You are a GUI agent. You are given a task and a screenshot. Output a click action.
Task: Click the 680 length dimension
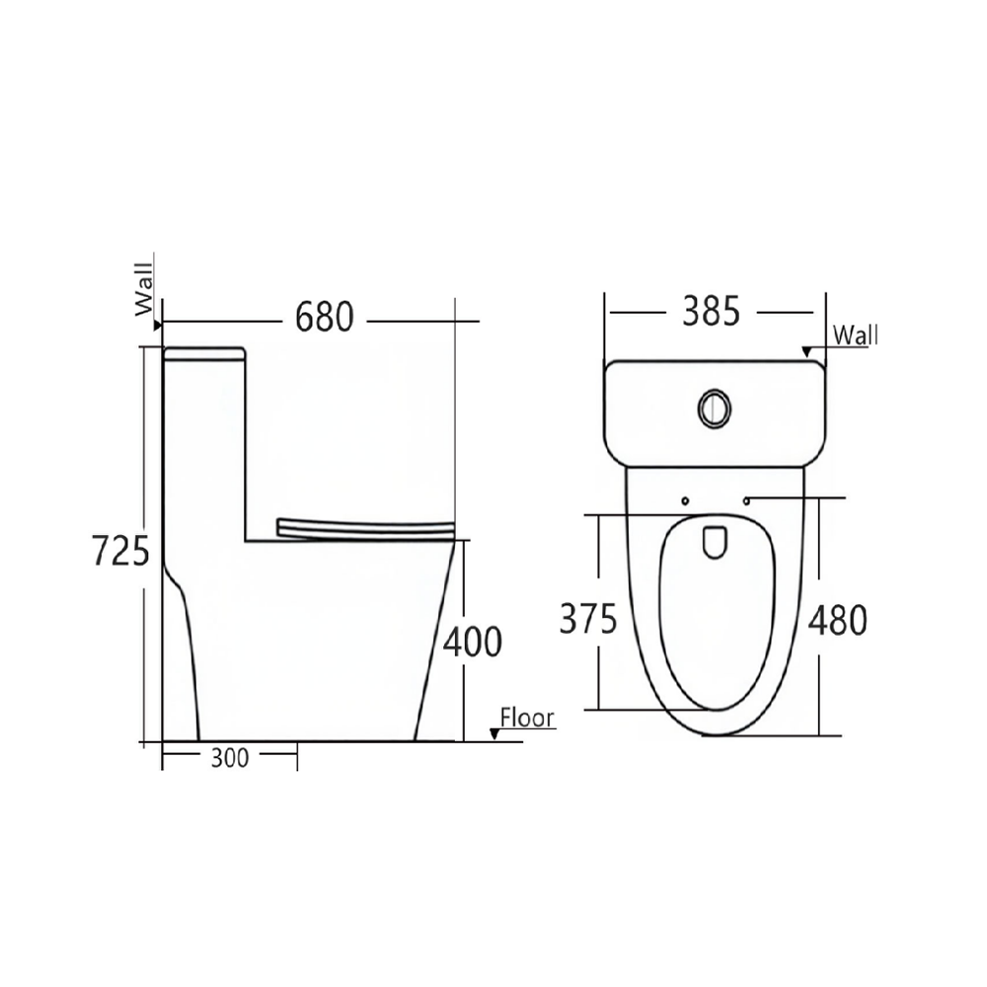click(324, 317)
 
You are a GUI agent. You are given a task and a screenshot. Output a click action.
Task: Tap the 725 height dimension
click(120, 550)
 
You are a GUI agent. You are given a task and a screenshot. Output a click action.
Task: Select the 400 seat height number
click(473, 643)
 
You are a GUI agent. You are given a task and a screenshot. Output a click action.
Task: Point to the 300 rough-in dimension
click(230, 758)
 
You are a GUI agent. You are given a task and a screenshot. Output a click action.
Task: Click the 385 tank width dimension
click(712, 312)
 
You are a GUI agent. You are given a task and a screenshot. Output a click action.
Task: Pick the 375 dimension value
click(588, 619)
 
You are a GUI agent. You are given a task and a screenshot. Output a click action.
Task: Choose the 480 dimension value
click(838, 621)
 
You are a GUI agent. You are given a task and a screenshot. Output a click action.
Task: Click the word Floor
click(527, 718)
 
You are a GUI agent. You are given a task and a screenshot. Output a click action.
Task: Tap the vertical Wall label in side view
click(144, 289)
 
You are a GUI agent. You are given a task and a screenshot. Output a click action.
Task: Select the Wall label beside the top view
click(856, 336)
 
